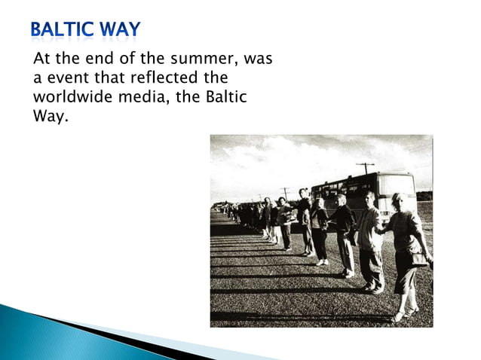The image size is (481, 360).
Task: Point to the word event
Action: [x=65, y=79]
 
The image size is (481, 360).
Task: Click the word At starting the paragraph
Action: [x=41, y=60]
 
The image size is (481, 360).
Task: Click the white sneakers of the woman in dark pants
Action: [x=322, y=261]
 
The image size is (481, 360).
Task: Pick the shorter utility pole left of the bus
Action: [x=285, y=192]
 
